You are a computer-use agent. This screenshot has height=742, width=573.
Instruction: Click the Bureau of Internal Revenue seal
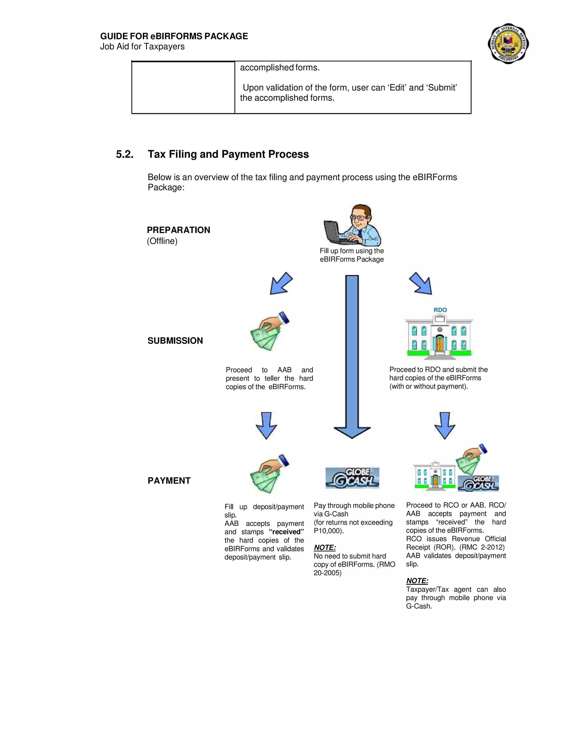pos(508,43)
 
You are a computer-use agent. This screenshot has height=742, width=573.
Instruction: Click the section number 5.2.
pos(125,154)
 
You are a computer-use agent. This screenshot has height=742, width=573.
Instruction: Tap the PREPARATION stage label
pos(179,230)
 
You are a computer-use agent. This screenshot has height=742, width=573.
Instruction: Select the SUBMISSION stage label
pos(175,341)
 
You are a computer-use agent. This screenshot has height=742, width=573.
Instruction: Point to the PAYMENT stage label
pos(169,481)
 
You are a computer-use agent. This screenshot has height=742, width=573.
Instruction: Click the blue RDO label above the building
pos(440,310)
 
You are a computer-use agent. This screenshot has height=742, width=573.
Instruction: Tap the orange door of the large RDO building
pos(439,344)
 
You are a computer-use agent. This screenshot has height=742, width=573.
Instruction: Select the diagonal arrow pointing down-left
pos(281,284)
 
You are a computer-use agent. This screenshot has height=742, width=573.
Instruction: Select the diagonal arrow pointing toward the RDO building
pos(421,284)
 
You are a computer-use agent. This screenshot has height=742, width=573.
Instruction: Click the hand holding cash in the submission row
pos(269,331)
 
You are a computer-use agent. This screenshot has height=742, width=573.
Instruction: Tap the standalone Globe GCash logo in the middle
pos(352,478)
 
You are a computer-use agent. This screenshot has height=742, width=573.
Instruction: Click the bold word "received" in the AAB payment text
pos(286,532)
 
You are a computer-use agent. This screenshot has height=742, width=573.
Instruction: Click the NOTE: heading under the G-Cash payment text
pos(325,548)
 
